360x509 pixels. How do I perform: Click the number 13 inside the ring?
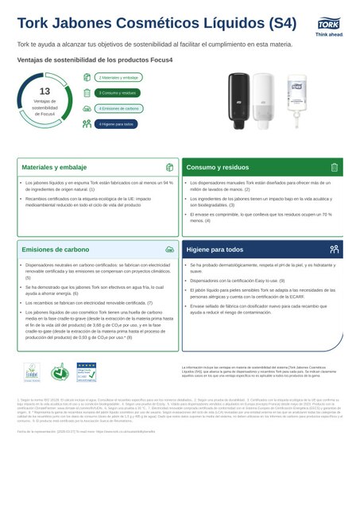click(45, 91)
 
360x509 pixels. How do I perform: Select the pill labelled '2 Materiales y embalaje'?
click(119, 78)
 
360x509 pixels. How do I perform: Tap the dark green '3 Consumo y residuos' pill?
click(118, 92)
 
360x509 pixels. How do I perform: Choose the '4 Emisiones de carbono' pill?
click(119, 108)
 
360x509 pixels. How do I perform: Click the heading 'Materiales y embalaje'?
click(54, 168)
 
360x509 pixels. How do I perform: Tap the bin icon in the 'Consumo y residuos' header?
click(335, 168)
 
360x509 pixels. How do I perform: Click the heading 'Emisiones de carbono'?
click(55, 249)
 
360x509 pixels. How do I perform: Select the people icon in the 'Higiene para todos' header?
click(335, 249)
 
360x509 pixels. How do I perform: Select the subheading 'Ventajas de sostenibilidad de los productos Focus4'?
click(90, 59)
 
